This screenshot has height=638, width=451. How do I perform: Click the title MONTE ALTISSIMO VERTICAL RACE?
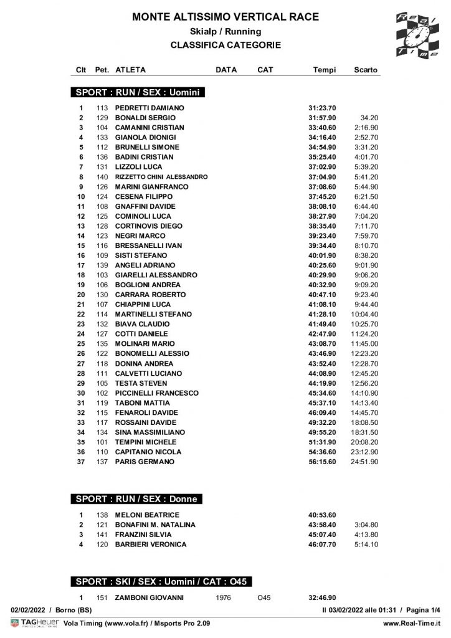[225, 17]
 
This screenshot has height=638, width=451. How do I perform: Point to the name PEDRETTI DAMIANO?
[150, 108]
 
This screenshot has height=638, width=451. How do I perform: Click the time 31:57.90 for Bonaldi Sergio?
[322, 118]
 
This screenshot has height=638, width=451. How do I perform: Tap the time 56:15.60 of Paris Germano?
[322, 462]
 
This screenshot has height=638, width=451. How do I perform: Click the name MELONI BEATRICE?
[147, 515]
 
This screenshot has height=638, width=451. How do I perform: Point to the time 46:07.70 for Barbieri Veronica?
[322, 545]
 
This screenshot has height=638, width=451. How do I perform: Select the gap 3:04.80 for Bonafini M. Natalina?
[366, 525]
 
